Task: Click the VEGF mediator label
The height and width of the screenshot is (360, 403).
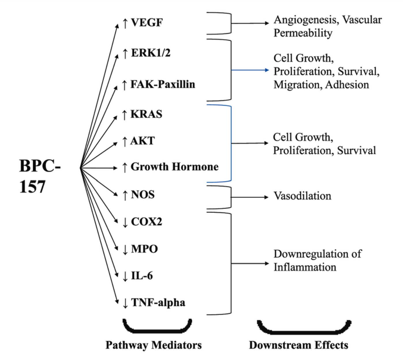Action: tap(147, 22)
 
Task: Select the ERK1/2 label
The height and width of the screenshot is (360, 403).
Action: tap(150, 53)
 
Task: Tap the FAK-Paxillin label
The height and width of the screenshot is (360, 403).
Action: tap(163, 84)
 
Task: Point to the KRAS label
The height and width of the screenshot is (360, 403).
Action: tap(146, 114)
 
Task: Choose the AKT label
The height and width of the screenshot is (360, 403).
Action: tap(142, 141)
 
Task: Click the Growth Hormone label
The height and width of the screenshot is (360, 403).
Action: tap(174, 167)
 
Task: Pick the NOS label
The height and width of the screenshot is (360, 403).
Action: tap(143, 195)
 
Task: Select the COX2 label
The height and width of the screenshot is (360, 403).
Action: tap(146, 222)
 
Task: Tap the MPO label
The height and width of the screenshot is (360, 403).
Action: tap(144, 249)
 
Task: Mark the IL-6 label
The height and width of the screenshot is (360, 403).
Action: tap(142, 276)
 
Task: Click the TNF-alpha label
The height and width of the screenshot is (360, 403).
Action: tap(158, 303)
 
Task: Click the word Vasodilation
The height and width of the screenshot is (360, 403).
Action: tap(302, 196)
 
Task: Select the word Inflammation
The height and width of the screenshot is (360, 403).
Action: tap(305, 267)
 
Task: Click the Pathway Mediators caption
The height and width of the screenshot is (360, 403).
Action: tap(154, 345)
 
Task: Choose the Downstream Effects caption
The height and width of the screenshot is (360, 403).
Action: tap(298, 345)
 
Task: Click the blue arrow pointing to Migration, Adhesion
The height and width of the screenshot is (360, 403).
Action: tap(250, 70)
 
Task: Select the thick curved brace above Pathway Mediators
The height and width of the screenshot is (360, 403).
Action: tap(157, 328)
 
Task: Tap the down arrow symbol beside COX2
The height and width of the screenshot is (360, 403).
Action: tap(125, 222)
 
